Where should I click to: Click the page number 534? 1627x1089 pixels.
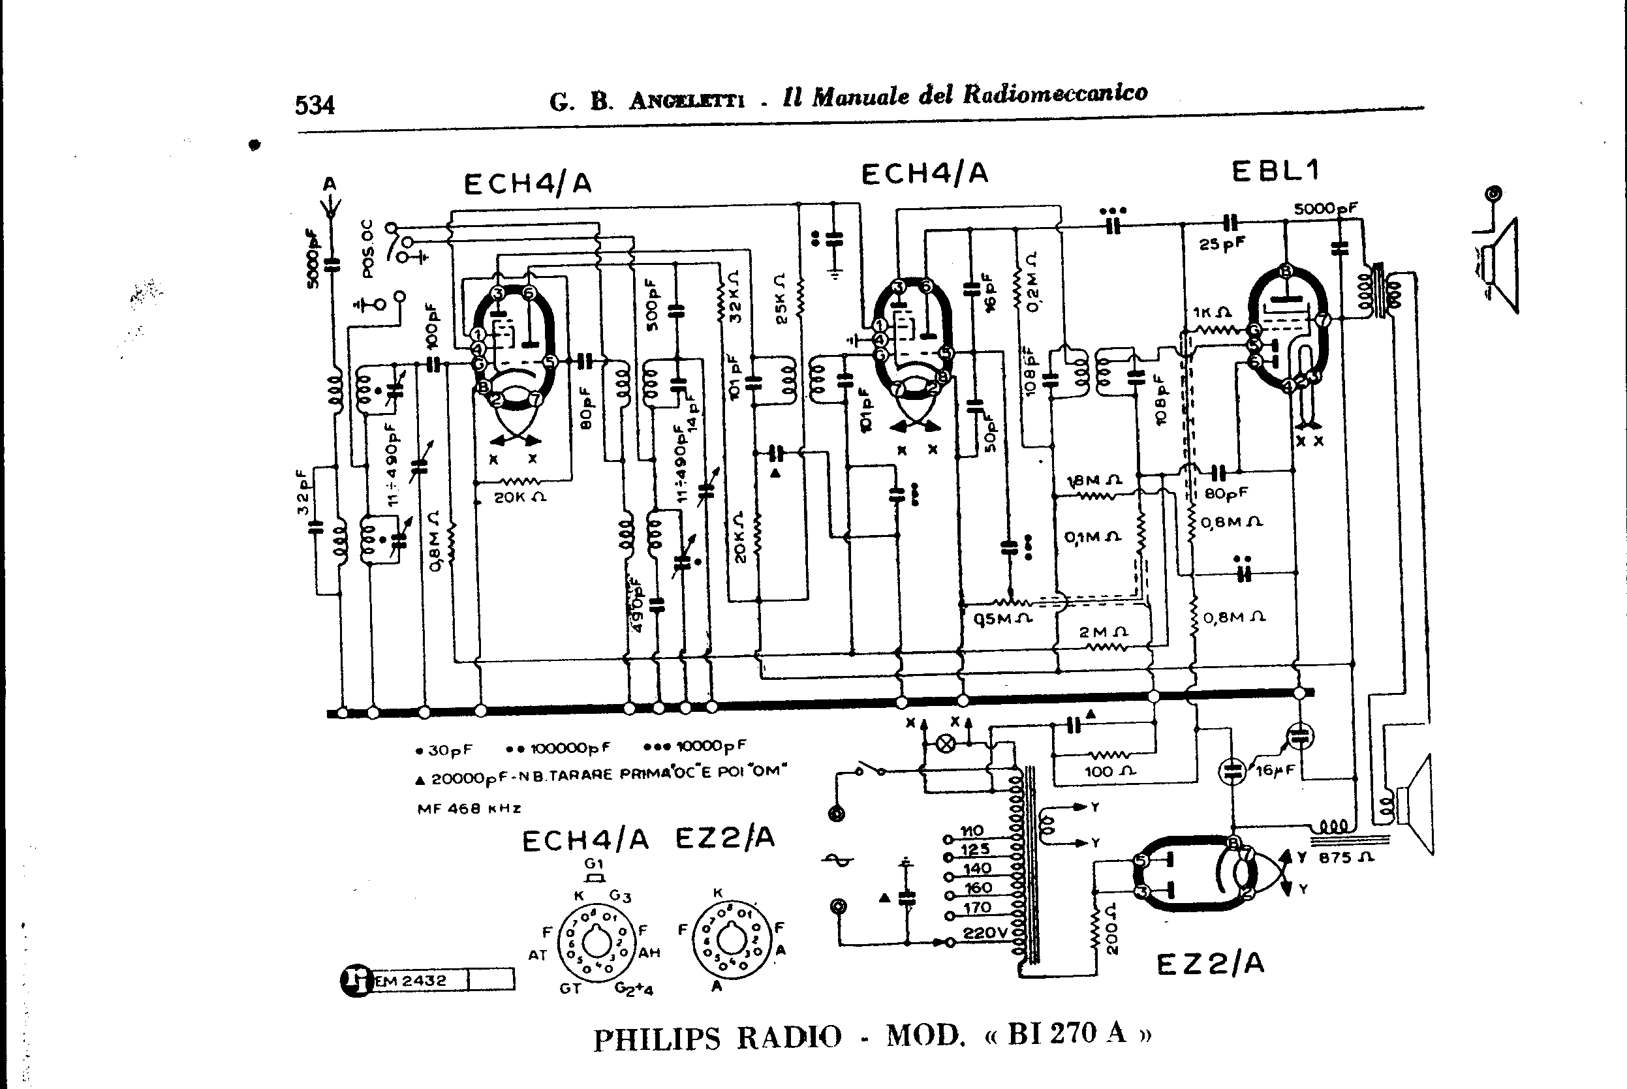coord(315,106)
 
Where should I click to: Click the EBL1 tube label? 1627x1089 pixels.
coord(1275,171)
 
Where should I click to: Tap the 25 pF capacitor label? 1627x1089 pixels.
coord(1222,245)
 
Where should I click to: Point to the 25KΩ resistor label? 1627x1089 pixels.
coord(781,299)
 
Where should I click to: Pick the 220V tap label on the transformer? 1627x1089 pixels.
coord(985,934)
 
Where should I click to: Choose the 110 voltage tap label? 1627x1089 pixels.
coord(971,831)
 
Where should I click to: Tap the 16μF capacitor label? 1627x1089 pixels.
coord(1275,770)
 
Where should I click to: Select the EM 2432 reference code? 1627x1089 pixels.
coord(410,981)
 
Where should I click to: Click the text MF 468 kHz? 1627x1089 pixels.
coord(469,808)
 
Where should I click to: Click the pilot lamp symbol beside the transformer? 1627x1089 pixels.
coord(945,744)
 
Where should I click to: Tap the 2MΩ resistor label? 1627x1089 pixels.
coord(1104,633)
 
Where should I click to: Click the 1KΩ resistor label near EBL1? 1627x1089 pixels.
coord(1213,313)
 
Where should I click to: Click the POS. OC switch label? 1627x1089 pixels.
coord(368,249)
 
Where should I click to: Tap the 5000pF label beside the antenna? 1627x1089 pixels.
coord(314,258)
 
